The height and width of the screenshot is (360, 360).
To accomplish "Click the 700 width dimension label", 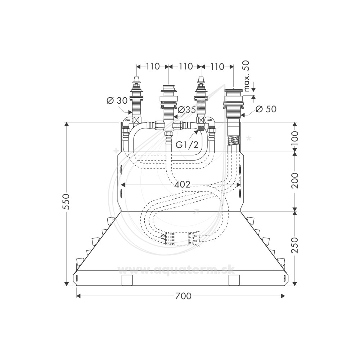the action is pos(183,296).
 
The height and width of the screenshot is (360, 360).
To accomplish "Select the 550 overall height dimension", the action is pos(66,202).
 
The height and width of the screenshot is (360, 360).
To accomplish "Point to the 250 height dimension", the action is pos(295,245).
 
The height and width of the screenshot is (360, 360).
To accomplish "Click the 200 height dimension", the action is pos(295,181).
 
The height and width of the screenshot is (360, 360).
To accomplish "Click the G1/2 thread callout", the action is pos(187,145).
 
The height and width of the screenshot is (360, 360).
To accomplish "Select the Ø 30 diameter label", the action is pos(117,100).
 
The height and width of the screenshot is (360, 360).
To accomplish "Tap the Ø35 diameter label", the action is pos(186,109).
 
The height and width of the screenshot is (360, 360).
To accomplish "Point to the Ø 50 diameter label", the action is pos(266,109).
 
